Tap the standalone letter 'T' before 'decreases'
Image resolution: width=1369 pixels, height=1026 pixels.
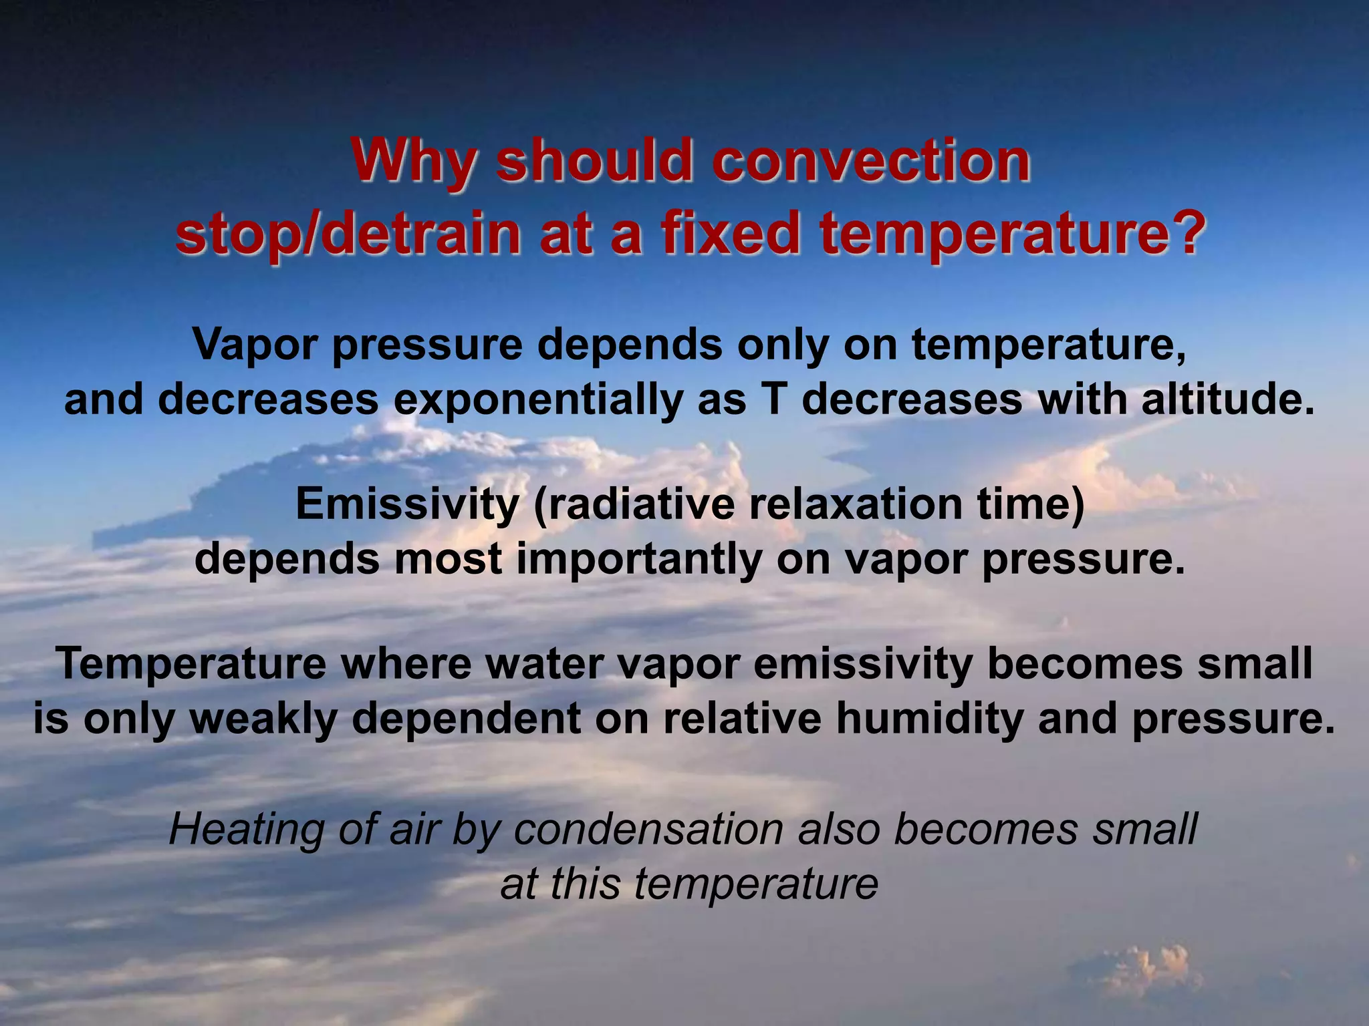coord(773,399)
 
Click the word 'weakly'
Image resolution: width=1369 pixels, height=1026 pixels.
coord(265,719)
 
